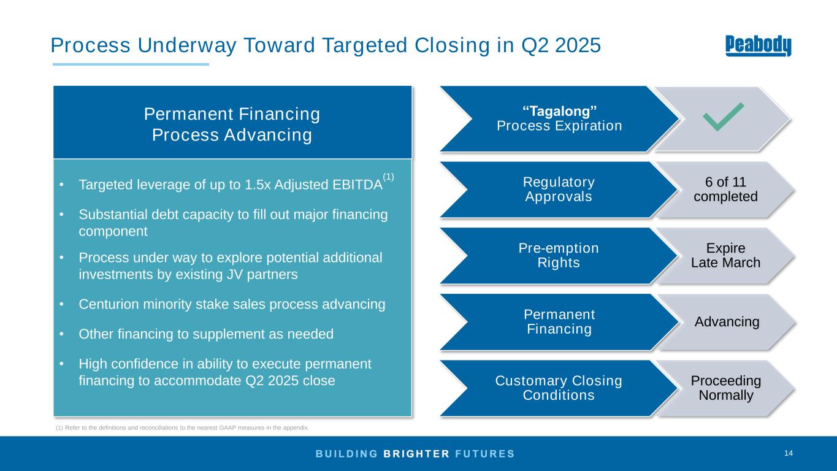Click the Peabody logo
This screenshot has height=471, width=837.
pos(758,46)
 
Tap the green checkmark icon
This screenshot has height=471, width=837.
pos(724,117)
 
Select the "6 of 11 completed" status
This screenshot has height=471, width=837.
pos(725,189)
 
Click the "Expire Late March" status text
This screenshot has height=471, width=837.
pos(725,255)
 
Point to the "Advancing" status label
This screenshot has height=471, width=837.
pos(727,321)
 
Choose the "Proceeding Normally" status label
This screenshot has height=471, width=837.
pos(725,388)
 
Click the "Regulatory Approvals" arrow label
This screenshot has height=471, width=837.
pos(559,189)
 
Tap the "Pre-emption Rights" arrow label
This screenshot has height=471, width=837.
pos(559,255)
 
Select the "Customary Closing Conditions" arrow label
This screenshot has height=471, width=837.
pos(559,388)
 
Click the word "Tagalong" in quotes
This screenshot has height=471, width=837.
pos(559,111)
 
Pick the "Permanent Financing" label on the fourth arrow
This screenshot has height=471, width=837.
pos(559,321)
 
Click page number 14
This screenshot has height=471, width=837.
pos(789,453)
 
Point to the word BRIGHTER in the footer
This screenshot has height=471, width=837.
pos(416,454)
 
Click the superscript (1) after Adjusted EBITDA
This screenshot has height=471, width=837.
pos(388,177)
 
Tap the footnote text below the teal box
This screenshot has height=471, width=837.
pos(182,427)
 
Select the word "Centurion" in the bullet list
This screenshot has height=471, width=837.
pos(109,304)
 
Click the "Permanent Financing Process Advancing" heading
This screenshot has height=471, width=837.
pos(232,124)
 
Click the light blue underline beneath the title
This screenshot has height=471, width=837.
pos(131,64)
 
